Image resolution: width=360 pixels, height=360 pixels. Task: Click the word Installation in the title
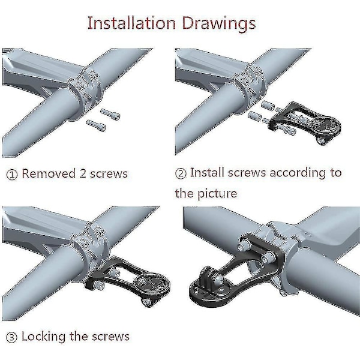[131, 23]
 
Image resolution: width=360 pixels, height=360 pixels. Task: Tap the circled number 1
[12, 175]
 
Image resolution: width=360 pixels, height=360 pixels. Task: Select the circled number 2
[181, 173]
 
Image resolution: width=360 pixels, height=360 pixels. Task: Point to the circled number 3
[11, 338]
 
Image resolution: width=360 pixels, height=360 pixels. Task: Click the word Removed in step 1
[49, 173]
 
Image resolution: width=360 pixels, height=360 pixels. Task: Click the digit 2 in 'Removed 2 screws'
[83, 174]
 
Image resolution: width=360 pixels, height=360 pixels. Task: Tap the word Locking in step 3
[43, 337]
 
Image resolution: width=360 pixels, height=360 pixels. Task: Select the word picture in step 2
[217, 194]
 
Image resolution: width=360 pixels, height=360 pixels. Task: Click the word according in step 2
[298, 173]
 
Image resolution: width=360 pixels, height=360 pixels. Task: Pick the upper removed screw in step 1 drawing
[110, 114]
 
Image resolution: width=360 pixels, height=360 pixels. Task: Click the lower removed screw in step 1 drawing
[96, 125]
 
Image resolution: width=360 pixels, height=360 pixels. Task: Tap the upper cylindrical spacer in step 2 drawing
[268, 106]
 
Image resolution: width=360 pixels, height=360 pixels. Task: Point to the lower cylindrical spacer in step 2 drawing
[254, 116]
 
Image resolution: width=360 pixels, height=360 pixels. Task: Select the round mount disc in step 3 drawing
[152, 284]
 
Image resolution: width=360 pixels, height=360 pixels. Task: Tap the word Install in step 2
[207, 173]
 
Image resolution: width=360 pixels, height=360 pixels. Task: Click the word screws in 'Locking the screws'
[110, 337]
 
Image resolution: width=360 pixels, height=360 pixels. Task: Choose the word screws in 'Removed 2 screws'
[109, 174]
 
